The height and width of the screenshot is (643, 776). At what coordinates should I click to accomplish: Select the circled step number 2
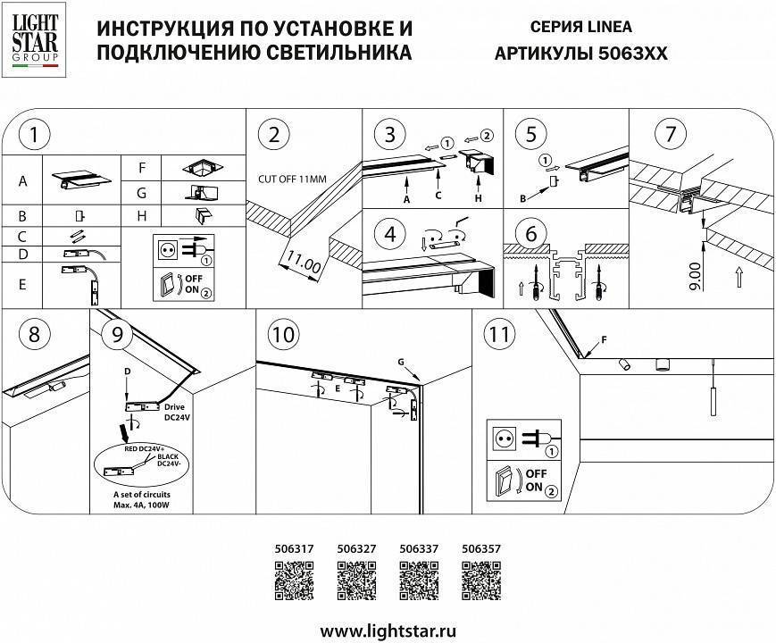tap(273, 135)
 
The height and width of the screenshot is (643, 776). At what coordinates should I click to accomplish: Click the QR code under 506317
tap(291, 583)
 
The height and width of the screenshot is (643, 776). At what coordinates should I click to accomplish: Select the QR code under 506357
tap(480, 583)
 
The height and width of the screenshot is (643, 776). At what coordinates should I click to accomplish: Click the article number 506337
tap(417, 550)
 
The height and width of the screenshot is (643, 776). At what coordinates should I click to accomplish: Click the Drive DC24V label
tap(177, 412)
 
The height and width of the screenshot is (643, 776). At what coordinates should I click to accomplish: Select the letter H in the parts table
tap(142, 216)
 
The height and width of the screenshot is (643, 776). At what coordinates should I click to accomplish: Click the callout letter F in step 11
tap(603, 340)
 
